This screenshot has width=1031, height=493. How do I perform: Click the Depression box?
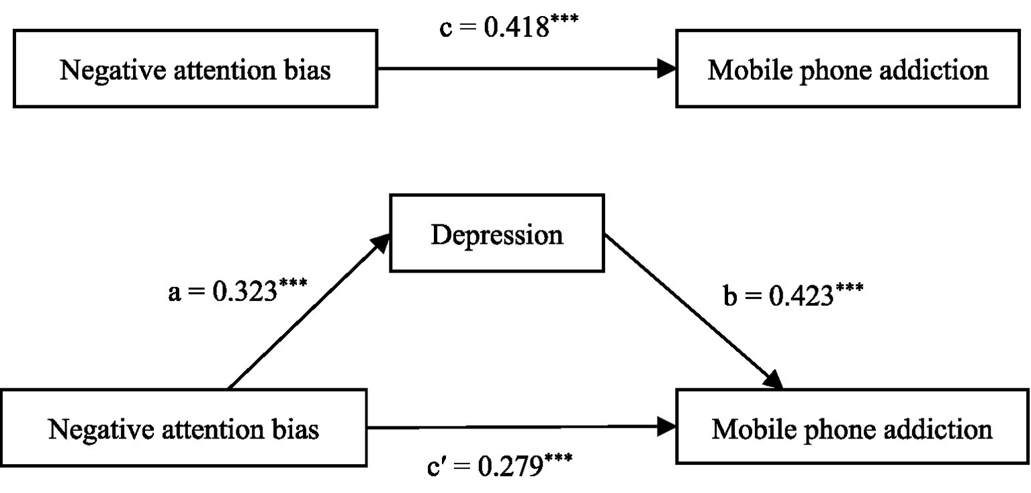click(x=497, y=233)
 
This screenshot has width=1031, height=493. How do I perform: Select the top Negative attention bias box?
click(x=195, y=69)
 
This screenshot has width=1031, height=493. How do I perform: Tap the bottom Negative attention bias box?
click(x=183, y=427)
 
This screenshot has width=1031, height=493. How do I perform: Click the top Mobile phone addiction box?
click(x=848, y=69)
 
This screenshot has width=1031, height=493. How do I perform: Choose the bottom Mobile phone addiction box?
click(x=852, y=427)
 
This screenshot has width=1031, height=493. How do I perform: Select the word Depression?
click(x=497, y=234)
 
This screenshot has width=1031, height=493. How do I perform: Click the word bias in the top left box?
click(x=308, y=69)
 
